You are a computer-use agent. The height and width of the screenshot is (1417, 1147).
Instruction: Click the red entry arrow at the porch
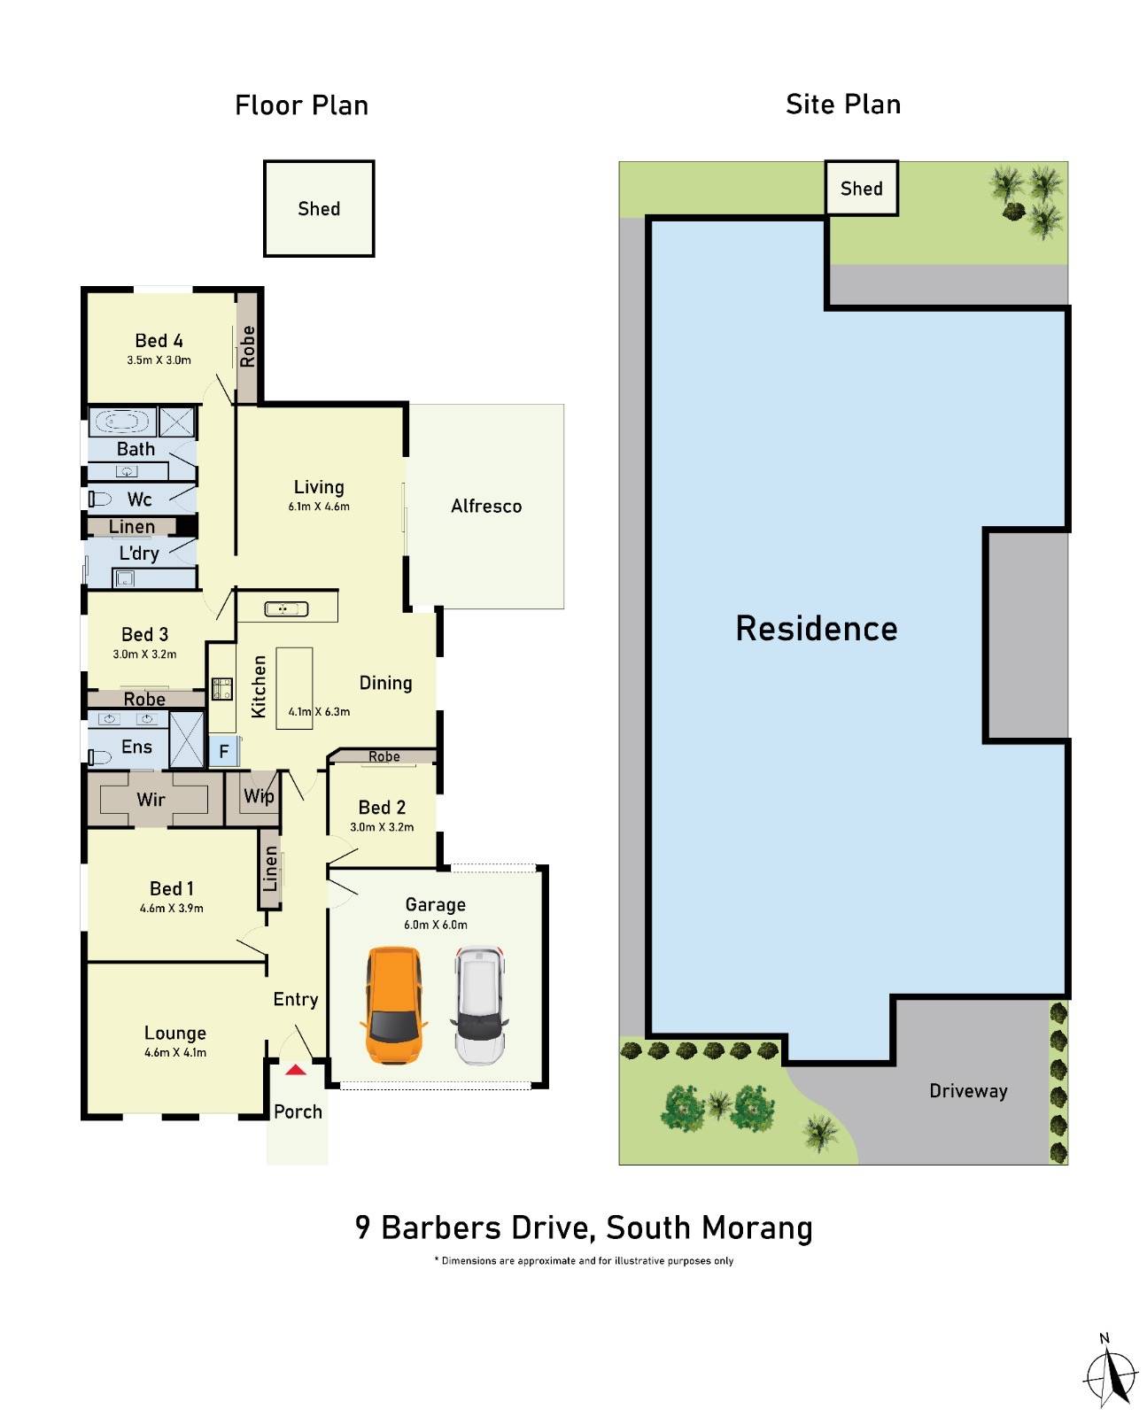click(296, 1070)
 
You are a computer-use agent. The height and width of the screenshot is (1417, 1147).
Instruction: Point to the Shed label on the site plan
click(861, 189)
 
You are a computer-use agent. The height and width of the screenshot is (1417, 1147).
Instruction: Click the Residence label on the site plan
click(816, 629)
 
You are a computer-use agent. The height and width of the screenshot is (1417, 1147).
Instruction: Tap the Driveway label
click(968, 1091)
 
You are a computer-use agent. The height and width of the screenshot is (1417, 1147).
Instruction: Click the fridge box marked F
click(224, 752)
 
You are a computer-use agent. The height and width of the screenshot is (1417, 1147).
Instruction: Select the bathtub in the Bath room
click(123, 421)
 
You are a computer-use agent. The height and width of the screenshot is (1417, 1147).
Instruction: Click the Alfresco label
click(486, 507)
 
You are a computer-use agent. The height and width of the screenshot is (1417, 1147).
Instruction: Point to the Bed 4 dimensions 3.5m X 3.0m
click(159, 360)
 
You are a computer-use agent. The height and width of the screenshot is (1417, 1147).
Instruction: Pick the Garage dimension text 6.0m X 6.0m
click(436, 925)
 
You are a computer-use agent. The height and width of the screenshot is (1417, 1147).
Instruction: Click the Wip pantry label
click(259, 796)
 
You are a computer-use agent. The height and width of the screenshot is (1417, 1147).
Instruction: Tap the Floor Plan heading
click(301, 106)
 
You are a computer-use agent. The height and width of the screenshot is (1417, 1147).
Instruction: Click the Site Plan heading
click(842, 105)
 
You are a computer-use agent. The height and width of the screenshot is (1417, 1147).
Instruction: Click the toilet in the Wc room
click(98, 499)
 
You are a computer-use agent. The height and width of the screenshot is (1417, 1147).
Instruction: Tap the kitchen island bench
click(294, 688)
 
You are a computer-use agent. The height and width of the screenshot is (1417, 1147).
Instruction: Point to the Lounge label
click(175, 1033)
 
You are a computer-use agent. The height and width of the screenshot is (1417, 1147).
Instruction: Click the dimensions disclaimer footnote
click(584, 1260)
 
